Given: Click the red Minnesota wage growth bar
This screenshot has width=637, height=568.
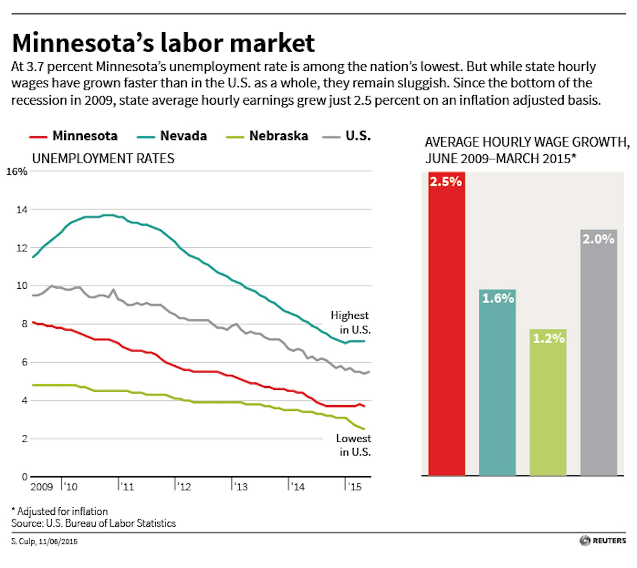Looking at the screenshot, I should [x=446, y=325].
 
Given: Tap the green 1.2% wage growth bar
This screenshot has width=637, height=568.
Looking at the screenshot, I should [x=548, y=403].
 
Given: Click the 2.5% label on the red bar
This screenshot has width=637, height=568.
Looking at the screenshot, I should [x=446, y=182].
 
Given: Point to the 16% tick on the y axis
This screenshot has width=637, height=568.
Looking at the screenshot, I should [x=17, y=172].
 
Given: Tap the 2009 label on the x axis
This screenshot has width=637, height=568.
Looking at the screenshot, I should [x=42, y=487].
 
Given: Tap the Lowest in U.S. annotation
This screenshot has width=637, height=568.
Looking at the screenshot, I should [x=354, y=445].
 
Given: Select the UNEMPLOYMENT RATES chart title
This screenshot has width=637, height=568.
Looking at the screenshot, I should [x=103, y=158].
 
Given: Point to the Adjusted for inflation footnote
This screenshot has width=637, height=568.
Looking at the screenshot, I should [x=60, y=511].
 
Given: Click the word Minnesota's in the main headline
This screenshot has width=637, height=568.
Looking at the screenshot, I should [x=83, y=43].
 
